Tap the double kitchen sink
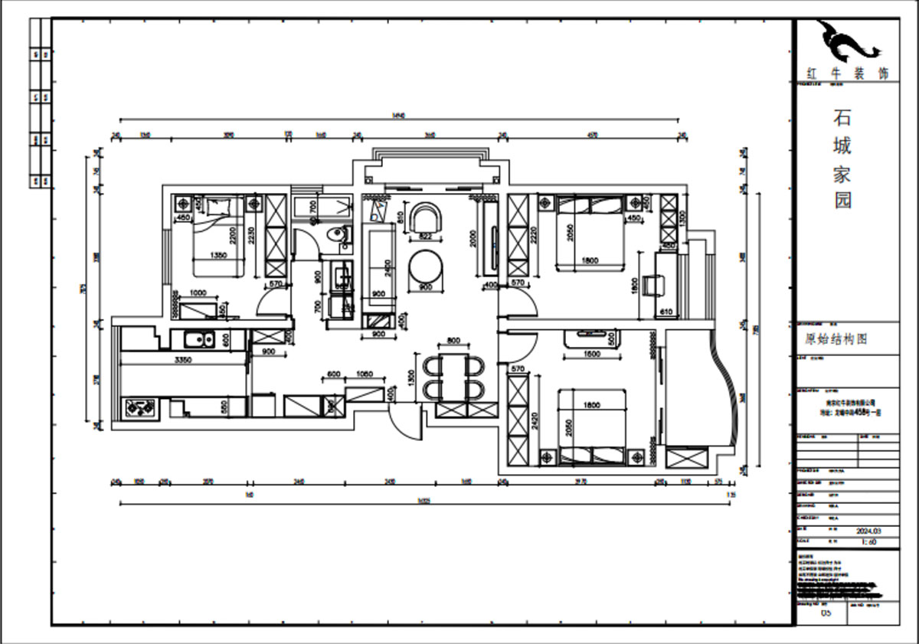click(198, 339)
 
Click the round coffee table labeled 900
click(425, 268)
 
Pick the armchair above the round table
click(426, 217)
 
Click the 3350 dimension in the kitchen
click(182, 359)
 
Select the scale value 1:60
click(868, 541)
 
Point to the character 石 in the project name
click(842, 117)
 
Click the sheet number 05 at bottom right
click(826, 613)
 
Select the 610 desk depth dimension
click(666, 312)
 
